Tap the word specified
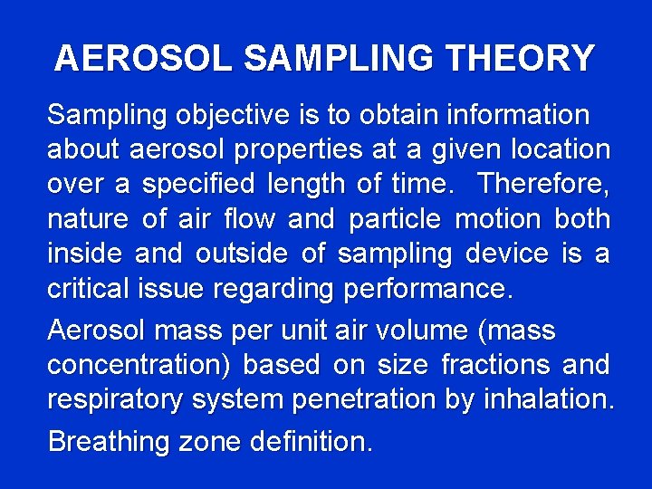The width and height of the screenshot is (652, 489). (199, 184)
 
